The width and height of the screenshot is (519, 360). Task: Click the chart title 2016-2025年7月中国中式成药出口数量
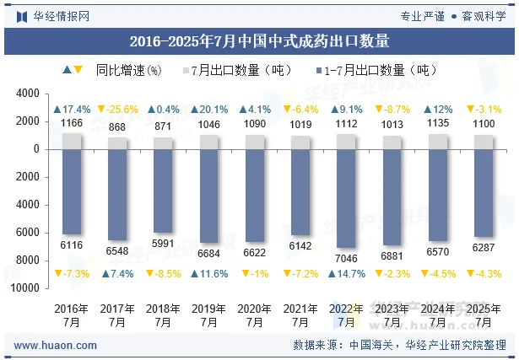[259, 40]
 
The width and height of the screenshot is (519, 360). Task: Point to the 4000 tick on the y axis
[29, 94]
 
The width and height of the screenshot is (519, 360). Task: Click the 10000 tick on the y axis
[25, 287]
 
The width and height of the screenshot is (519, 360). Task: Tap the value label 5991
[163, 244]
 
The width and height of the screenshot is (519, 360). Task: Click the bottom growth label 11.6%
[208, 274]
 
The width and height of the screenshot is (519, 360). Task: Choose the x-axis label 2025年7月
[484, 315]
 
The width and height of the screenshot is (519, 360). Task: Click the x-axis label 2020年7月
[255, 315]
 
